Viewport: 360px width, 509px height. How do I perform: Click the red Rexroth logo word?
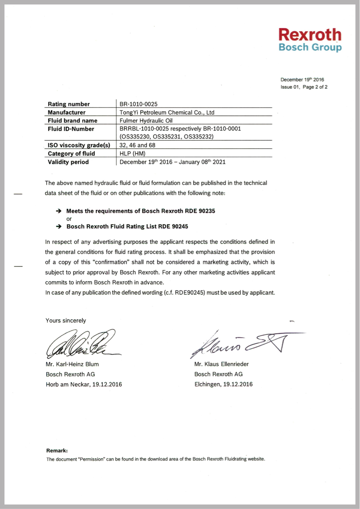click(x=310, y=34)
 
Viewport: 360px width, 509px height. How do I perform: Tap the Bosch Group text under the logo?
click(x=310, y=47)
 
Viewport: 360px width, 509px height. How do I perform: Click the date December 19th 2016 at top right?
click(x=302, y=79)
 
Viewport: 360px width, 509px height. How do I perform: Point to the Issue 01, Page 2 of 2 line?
click(x=304, y=87)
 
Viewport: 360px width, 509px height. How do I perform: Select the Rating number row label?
click(x=69, y=104)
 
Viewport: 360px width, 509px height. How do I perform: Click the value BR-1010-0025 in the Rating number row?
click(x=139, y=104)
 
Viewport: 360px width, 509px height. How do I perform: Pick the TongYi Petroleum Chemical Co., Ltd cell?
click(x=166, y=112)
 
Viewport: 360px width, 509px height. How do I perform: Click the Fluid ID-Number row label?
click(x=71, y=129)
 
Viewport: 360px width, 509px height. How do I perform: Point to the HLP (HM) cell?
click(x=132, y=154)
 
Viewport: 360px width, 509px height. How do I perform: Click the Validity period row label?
click(x=68, y=162)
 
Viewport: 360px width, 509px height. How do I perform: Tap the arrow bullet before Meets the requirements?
click(x=59, y=211)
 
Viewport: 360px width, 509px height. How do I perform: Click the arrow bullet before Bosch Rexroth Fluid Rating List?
click(x=59, y=227)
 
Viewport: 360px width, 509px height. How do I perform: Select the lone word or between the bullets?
click(x=69, y=219)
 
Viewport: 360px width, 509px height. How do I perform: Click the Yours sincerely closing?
click(x=66, y=320)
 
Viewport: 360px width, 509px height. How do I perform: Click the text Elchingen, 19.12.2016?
click(x=223, y=384)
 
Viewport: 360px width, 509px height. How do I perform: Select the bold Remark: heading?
click(x=57, y=450)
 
